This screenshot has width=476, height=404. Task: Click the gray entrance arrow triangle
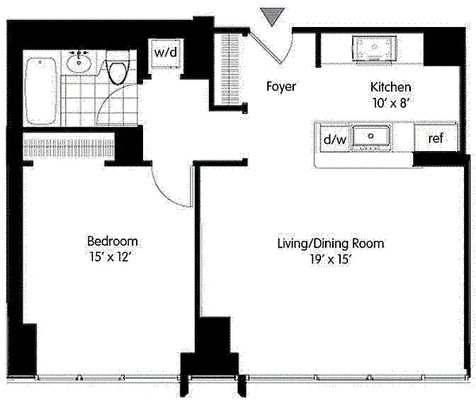[273, 16]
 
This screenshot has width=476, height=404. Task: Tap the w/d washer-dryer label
[165, 52]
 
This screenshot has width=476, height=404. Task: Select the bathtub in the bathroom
[41, 91]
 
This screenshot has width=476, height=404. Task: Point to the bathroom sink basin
[79, 62]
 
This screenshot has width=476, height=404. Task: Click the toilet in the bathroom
[117, 68]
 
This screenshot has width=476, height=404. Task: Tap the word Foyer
[281, 87]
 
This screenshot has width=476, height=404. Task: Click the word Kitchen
[390, 87]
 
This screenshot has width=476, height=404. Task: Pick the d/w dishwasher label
[335, 139]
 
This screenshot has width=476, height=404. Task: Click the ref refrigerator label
[435, 138]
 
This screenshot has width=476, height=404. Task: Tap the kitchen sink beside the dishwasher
[370, 138]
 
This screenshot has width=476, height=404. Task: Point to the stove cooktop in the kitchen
[374, 49]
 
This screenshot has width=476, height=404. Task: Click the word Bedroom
[112, 242]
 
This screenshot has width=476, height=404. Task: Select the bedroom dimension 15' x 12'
[110, 258]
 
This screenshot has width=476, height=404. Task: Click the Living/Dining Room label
[331, 244]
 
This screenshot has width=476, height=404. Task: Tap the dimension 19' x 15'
[331, 260]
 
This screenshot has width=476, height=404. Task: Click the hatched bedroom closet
[69, 148]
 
